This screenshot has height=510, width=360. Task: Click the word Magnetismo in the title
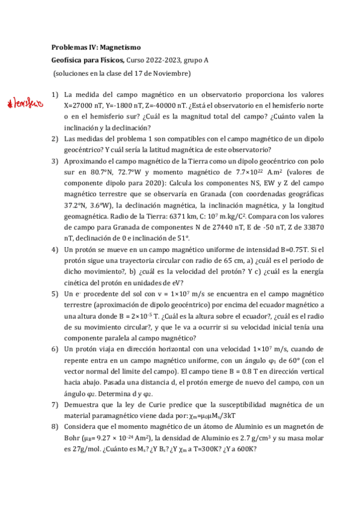pyautogui.click(x=120, y=46)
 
